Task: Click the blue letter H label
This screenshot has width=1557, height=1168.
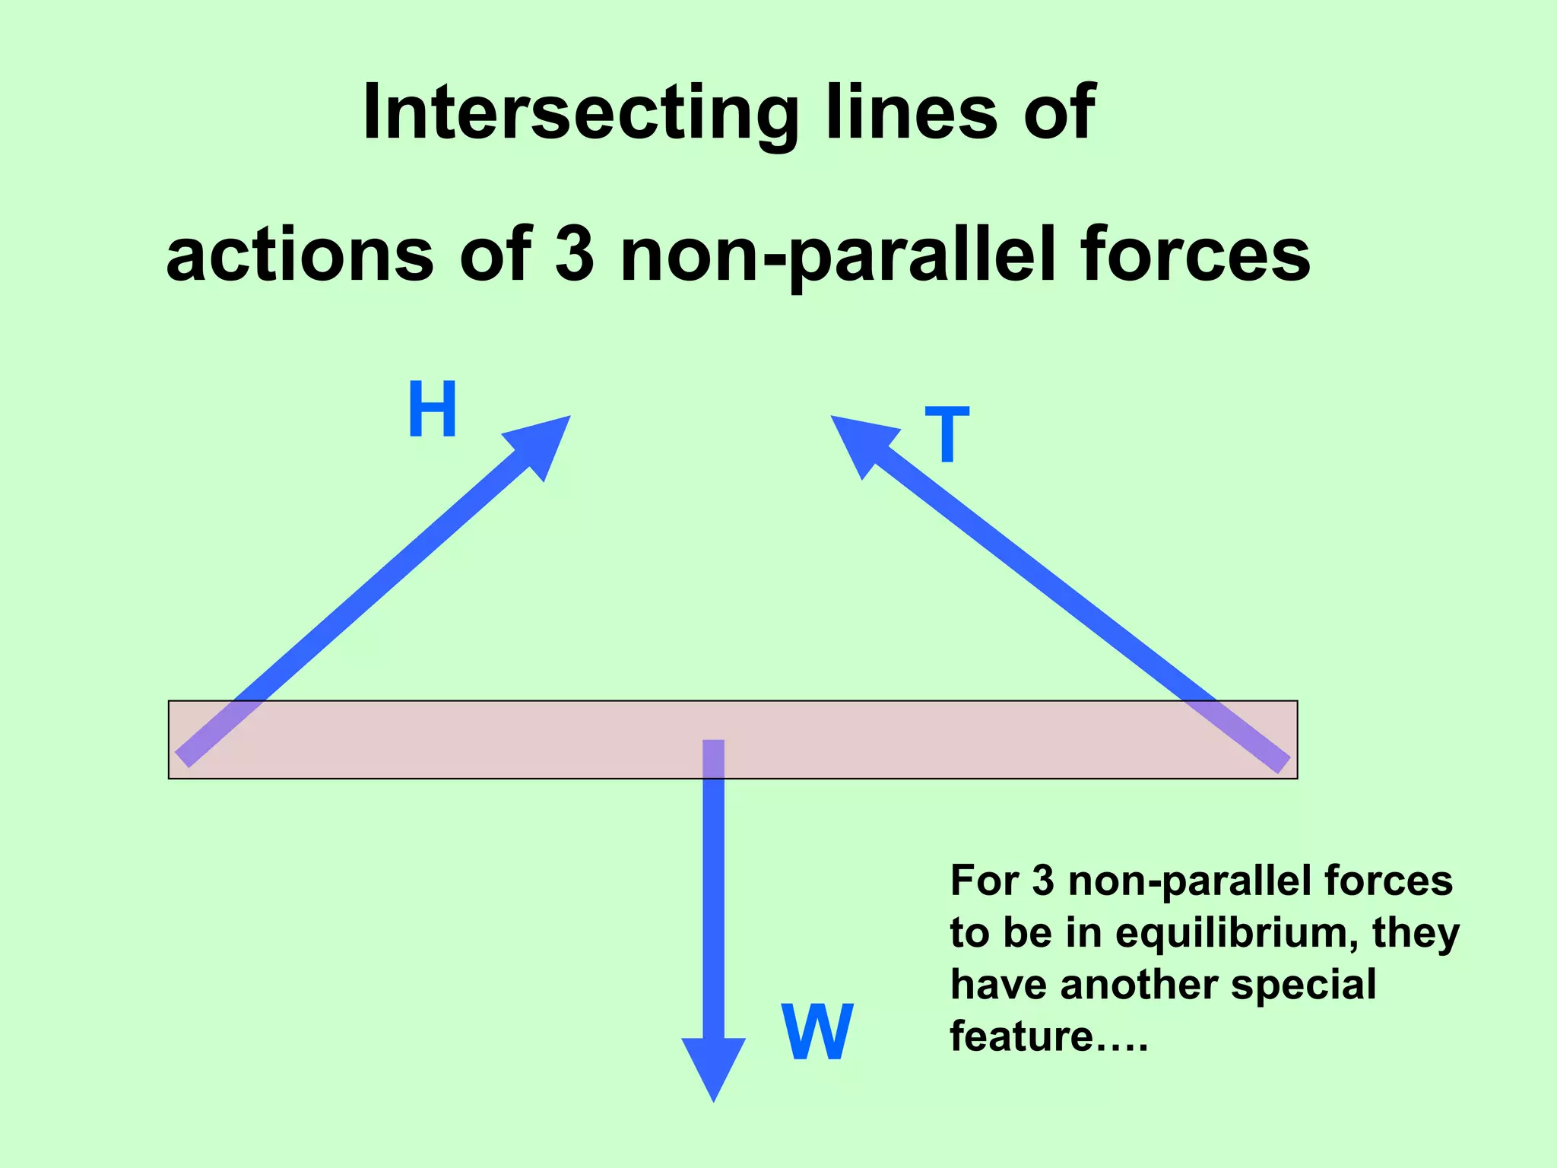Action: (432, 410)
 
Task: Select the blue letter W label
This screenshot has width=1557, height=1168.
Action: (817, 1032)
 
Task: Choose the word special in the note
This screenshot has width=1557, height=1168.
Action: (1303, 984)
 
